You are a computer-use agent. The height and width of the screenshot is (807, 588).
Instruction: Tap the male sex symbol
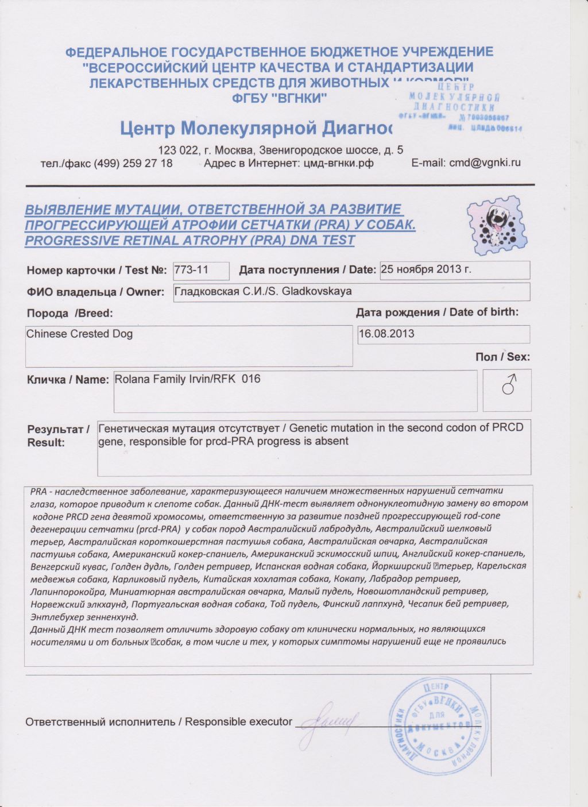tap(508, 385)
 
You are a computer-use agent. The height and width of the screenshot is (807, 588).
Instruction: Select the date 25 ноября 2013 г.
tap(426, 269)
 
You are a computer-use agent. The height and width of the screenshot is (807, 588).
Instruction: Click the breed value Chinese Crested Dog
tap(79, 334)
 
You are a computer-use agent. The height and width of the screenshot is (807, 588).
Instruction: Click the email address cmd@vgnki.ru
tap(485, 163)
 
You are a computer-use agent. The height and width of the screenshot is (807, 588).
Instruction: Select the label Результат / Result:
tap(58, 435)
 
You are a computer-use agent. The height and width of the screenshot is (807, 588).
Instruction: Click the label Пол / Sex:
tap(502, 357)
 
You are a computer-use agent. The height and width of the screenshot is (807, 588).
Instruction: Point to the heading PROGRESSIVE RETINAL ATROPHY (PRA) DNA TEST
tap(189, 240)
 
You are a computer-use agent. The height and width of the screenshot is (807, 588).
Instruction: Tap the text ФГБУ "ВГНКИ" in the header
tap(279, 98)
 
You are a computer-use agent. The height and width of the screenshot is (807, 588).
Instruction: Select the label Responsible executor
tap(238, 722)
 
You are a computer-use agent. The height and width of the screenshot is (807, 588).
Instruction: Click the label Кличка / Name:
tap(67, 380)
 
